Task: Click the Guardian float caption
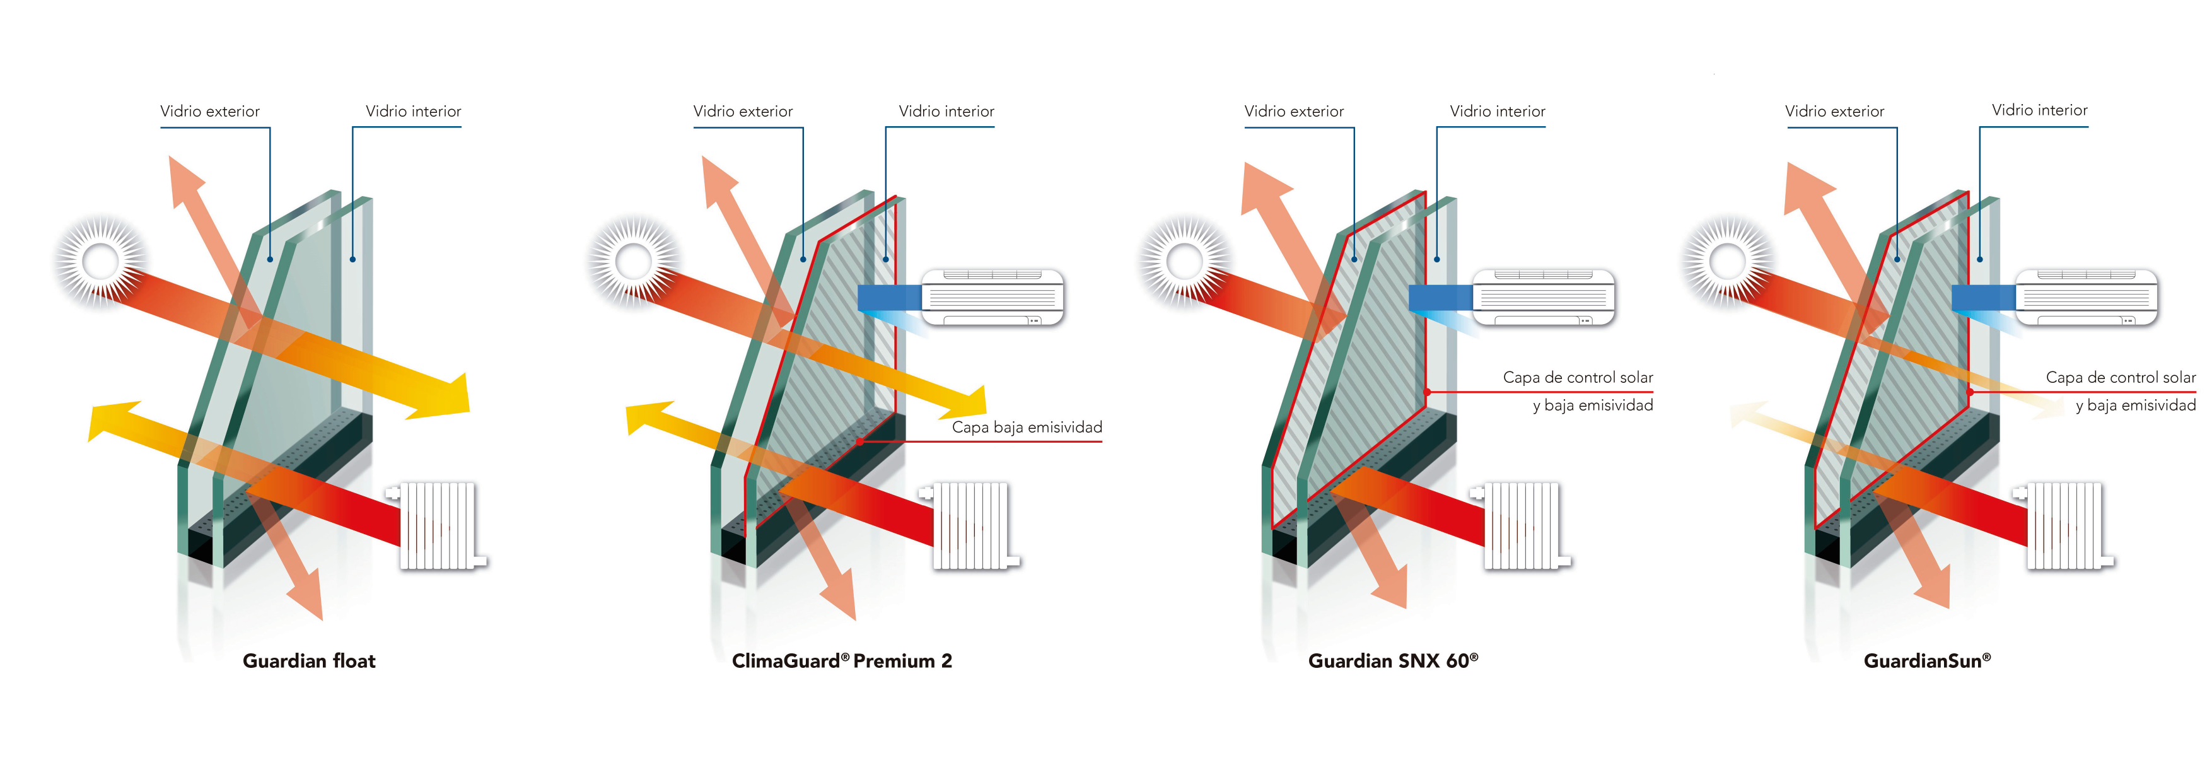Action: click(x=309, y=661)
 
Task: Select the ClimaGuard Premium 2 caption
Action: click(x=842, y=661)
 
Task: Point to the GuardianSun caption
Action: click(x=1927, y=661)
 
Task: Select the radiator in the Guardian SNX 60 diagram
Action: click(x=1522, y=525)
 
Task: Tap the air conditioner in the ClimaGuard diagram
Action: click(x=992, y=297)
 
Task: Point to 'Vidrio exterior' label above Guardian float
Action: click(x=209, y=112)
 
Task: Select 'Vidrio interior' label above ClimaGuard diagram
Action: click(x=946, y=112)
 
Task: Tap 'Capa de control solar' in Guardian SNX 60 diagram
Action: click(x=1578, y=378)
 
